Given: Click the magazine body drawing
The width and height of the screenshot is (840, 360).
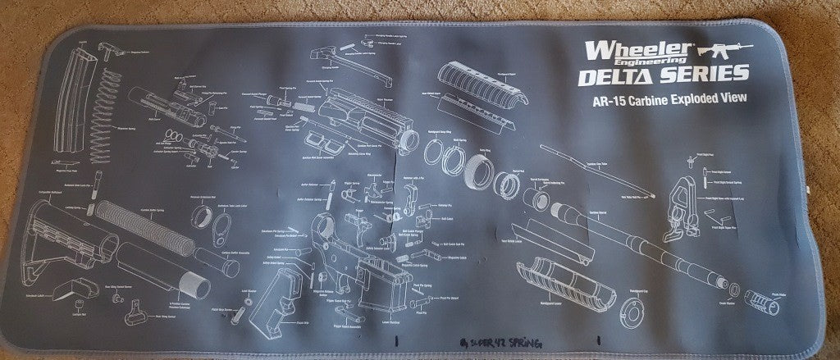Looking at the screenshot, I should (69, 103).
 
